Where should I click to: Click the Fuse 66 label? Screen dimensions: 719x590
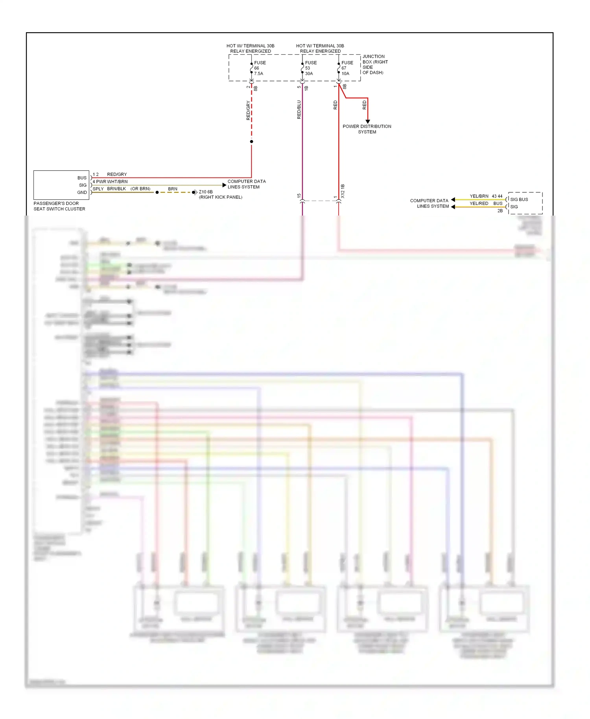point(259,68)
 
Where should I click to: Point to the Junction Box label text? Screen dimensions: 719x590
point(375,65)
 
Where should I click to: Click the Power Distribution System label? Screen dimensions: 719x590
point(367,129)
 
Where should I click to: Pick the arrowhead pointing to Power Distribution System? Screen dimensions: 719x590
point(368,122)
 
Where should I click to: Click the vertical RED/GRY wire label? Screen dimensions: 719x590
point(248,110)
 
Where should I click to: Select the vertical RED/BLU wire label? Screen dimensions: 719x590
point(299,109)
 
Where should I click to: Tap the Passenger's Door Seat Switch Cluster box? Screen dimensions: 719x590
point(61,185)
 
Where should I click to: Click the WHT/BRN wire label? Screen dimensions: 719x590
point(117,182)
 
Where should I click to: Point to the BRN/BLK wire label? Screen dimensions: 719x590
point(116,189)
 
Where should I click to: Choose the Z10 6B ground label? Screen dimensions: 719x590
point(206,192)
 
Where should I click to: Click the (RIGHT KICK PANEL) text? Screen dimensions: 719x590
point(221,197)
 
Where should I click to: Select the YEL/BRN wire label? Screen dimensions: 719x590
point(479,196)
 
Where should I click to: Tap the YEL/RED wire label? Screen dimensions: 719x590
point(479,203)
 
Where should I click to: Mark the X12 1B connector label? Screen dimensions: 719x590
point(343,191)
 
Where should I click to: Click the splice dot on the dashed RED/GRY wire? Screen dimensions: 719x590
point(251,142)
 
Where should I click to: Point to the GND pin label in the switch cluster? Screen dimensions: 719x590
point(82,192)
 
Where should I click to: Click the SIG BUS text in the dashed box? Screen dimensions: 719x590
point(519,199)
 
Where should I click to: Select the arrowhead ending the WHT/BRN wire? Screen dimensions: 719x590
point(224,185)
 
